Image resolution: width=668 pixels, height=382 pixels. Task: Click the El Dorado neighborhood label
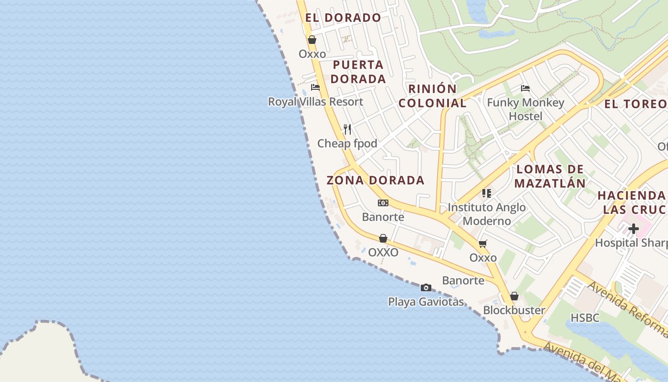pyautogui.click(x=343, y=18)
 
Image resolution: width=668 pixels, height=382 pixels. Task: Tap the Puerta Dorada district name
pyautogui.click(x=358, y=72)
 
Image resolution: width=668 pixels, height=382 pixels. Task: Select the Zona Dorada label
pyautogui.click(x=376, y=180)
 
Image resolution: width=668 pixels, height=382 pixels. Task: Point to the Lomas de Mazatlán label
pyautogui.click(x=550, y=176)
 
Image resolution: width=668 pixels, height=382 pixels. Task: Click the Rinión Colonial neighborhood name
pyautogui.click(x=432, y=95)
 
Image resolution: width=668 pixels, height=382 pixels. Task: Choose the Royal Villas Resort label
pyautogui.click(x=315, y=102)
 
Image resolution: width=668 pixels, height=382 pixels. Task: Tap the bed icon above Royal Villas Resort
pyautogui.click(x=315, y=87)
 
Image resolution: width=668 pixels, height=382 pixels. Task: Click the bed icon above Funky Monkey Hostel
pyautogui.click(x=525, y=88)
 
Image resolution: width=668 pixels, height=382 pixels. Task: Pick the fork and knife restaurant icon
pyautogui.click(x=347, y=129)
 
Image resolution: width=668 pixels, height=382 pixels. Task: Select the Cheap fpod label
pyautogui.click(x=347, y=143)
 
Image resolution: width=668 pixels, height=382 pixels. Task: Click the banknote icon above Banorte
pyautogui.click(x=383, y=203)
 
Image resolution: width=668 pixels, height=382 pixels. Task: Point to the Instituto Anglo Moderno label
pyautogui.click(x=487, y=214)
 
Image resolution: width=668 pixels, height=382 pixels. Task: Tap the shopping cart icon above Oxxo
pyautogui.click(x=483, y=244)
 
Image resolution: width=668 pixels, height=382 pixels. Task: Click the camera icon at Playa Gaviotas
pyautogui.click(x=426, y=287)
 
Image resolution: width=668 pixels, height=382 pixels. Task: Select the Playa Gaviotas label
pyautogui.click(x=426, y=302)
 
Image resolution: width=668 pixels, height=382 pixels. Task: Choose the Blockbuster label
pyautogui.click(x=514, y=310)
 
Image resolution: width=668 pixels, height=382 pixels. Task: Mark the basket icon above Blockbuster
pyautogui.click(x=514, y=297)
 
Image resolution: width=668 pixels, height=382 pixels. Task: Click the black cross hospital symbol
pyautogui.click(x=633, y=229)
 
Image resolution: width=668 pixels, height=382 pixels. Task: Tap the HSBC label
pyautogui.click(x=585, y=318)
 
